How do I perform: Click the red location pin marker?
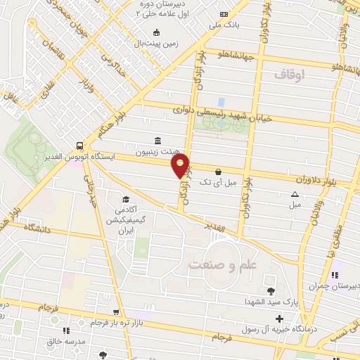pyautogui.click(x=181, y=166)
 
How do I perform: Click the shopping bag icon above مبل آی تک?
pyautogui.click(x=218, y=172)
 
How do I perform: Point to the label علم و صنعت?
pyautogui.click(x=219, y=265)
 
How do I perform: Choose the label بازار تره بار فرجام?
pyautogui.click(x=95, y=322)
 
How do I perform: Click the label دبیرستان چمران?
pyautogui.click(x=335, y=286)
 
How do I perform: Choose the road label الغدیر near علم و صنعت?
pyautogui.click(x=215, y=229)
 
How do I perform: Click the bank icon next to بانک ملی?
pyautogui.click(x=224, y=15)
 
